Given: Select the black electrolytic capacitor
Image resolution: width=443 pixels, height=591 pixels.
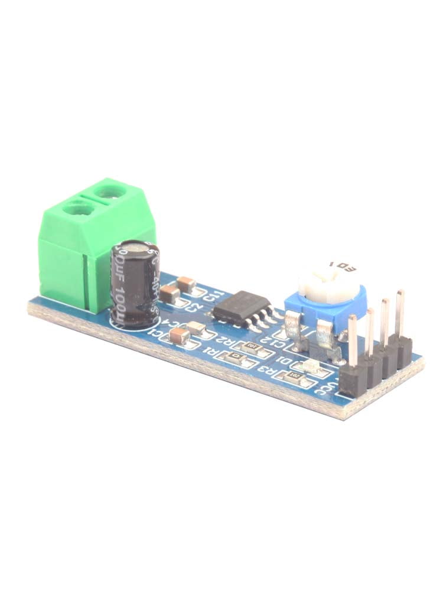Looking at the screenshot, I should [135, 284].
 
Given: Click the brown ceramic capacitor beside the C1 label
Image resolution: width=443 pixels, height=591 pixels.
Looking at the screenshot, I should [179, 336].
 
